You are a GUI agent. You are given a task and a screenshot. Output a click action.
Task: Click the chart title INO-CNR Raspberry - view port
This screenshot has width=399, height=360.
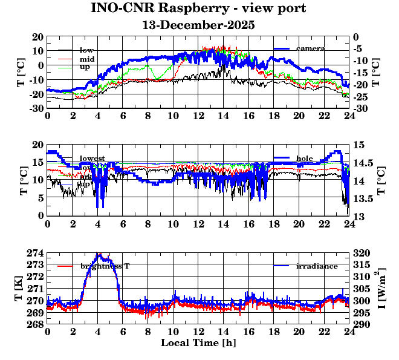[198, 8]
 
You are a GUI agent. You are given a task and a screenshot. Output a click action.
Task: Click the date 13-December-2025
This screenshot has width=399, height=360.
[198, 25]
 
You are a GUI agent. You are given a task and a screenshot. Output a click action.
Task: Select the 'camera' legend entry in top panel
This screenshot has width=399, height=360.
[310, 48]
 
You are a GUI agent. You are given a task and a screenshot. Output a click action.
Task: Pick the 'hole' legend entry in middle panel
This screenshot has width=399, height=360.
[304, 158]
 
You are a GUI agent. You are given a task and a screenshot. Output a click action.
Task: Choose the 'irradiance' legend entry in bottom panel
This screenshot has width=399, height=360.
[317, 266]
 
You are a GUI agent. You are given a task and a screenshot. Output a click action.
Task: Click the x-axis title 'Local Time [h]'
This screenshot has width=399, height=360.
[198, 342]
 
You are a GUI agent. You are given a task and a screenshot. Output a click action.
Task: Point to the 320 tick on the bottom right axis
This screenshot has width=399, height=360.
[362, 253]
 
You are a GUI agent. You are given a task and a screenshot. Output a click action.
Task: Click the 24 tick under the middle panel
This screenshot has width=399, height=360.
[349, 223]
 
